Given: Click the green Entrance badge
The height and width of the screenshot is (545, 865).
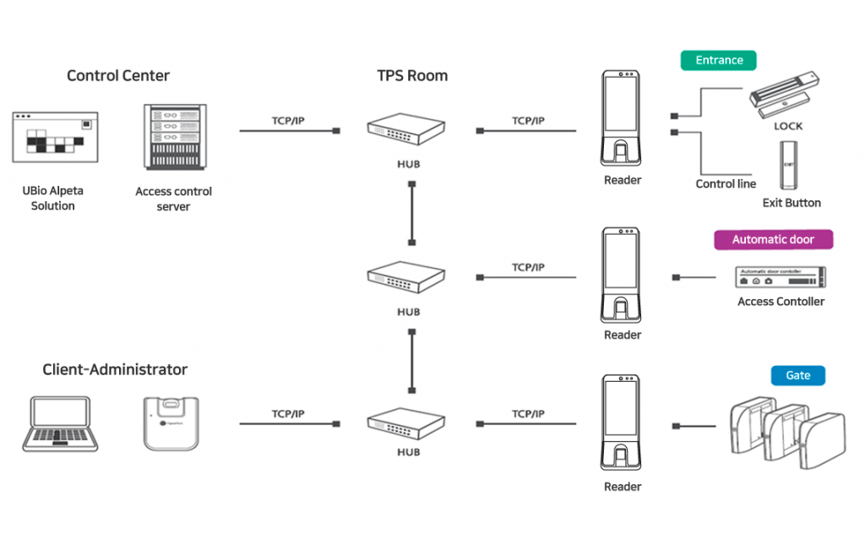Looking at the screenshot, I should (719, 61).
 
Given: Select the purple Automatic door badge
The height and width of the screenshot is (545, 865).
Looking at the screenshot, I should (773, 240).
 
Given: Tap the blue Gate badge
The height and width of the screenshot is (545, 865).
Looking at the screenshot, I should (797, 376).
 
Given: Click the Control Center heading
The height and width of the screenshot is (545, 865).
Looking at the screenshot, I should (118, 76).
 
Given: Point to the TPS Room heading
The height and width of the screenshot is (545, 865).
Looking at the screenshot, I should (412, 76).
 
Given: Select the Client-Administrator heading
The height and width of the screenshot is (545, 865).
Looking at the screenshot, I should (115, 369).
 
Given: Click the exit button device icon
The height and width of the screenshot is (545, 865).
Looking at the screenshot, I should (790, 165).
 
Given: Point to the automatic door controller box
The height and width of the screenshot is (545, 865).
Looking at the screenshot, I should (780, 276).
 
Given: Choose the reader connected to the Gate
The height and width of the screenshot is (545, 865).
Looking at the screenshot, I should (623, 422).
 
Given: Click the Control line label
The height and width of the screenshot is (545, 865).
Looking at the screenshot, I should (726, 184).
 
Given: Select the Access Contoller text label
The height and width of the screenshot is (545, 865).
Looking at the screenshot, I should (781, 302).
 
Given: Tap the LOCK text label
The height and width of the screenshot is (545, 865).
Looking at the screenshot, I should (787, 127).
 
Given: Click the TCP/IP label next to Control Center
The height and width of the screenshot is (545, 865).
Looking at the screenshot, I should (288, 121).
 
